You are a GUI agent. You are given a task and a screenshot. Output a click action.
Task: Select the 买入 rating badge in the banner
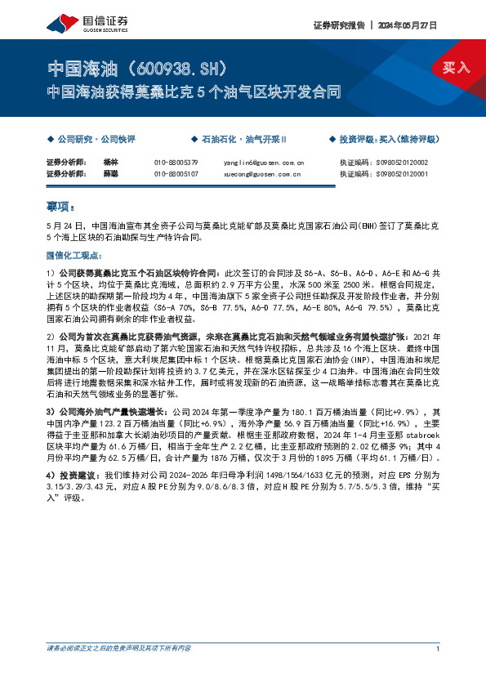[x=457, y=67]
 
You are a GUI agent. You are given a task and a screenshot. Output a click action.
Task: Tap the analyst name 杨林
[x=110, y=163]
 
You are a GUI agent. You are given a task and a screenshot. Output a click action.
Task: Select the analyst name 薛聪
[x=110, y=173]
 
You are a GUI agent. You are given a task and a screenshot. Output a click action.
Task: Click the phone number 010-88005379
[x=176, y=163]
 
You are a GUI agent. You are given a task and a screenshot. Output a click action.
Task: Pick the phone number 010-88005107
[x=176, y=173]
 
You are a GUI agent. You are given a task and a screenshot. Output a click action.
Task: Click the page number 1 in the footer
[x=439, y=672]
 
